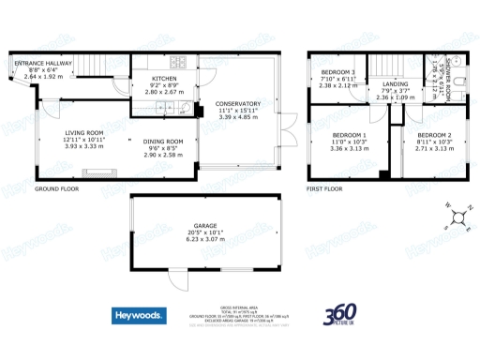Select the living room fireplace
[98, 172]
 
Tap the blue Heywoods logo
[140, 316]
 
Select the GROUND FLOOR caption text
[56, 188]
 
